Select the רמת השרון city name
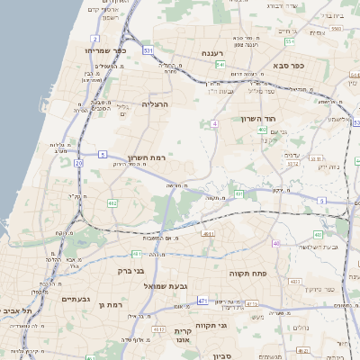tap(147, 156)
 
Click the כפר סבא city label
tap(292, 66)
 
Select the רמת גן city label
tap(110, 305)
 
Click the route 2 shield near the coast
tap(95, 40)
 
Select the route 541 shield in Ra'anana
tap(220, 65)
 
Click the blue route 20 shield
tap(78, 163)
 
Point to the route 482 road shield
tap(112, 204)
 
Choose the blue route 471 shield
tap(202, 301)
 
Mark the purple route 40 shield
tap(276, 243)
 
